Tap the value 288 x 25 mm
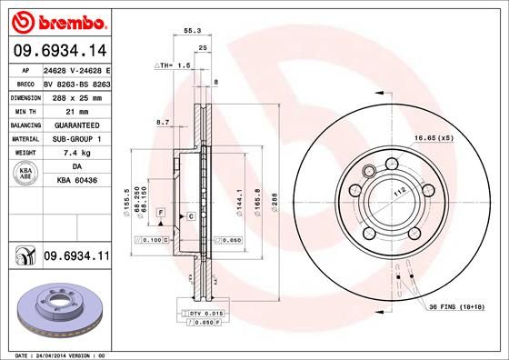point(75,96)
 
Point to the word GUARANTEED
point(76,125)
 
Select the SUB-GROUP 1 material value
point(76,138)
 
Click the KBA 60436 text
point(75,182)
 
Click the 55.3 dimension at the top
point(192,31)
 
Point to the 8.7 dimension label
point(164,121)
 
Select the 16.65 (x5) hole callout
point(434,137)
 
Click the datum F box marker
point(160,213)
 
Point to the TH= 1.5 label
point(174,65)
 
